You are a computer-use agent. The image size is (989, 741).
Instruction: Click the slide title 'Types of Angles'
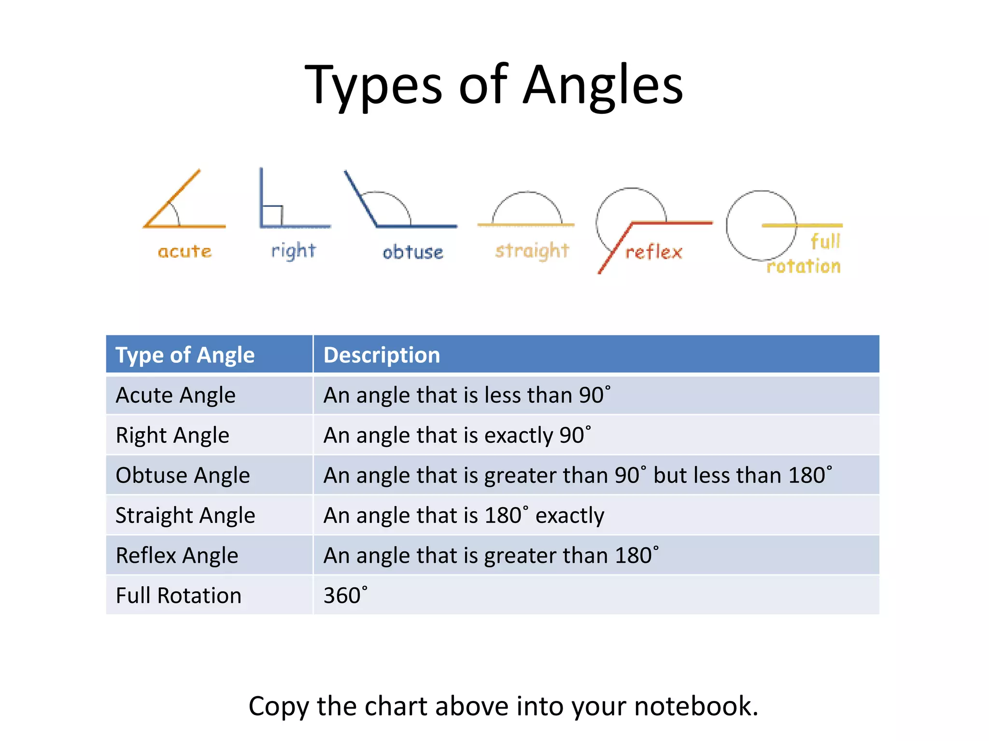pyautogui.click(x=494, y=85)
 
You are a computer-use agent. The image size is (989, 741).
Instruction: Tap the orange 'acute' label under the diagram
pyautogui.click(x=184, y=251)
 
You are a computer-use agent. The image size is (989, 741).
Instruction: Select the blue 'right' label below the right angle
pyautogui.click(x=293, y=251)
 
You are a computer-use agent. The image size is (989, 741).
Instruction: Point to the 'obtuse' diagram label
pyautogui.click(x=412, y=252)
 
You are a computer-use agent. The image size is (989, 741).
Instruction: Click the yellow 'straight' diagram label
pyautogui.click(x=532, y=251)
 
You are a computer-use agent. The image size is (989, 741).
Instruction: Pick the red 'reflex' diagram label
pyautogui.click(x=654, y=252)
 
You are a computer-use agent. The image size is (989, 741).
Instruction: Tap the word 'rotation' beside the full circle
pyautogui.click(x=804, y=266)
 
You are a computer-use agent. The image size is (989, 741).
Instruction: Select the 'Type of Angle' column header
pyautogui.click(x=185, y=355)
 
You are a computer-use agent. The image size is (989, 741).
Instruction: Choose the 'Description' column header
pyautogui.click(x=381, y=355)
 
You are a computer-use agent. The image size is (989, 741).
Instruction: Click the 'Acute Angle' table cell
pyautogui.click(x=176, y=395)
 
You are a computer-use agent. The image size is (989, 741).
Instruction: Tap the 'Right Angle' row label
pyautogui.click(x=172, y=435)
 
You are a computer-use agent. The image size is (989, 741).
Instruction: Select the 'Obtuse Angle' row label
pyautogui.click(x=183, y=475)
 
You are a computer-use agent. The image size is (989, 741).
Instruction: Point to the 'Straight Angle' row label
pyautogui.click(x=185, y=515)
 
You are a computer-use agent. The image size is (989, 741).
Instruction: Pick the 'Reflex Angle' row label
pyautogui.click(x=177, y=555)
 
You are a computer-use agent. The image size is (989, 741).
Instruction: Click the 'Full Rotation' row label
pyautogui.click(x=178, y=595)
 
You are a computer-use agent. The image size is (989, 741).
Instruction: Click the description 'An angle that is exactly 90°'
pyautogui.click(x=457, y=435)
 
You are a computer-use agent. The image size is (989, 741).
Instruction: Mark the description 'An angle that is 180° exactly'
pyautogui.click(x=464, y=515)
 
